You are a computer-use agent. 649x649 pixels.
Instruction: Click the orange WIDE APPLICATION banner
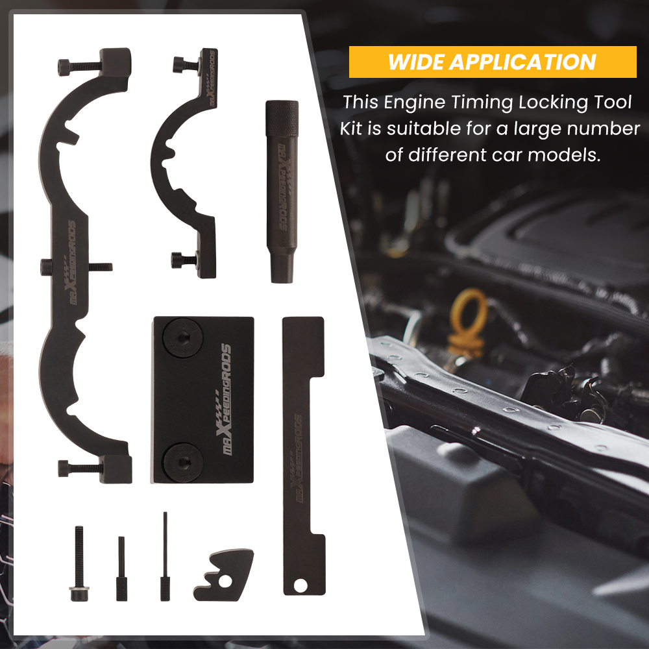[x=492, y=62]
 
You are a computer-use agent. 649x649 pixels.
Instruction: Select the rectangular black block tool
[x=203, y=399]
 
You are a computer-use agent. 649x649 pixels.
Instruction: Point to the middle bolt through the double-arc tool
[x=75, y=266]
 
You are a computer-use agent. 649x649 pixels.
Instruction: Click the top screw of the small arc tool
[x=184, y=64]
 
